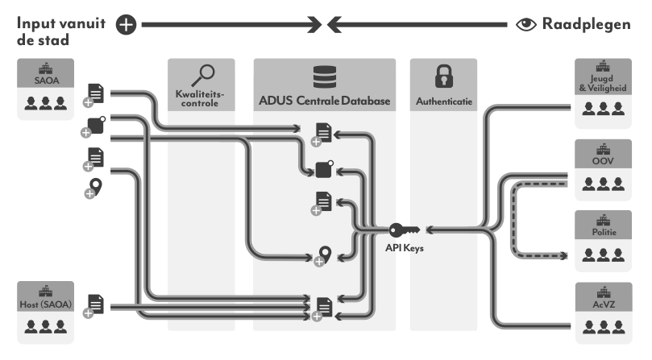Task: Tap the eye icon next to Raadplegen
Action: click(x=525, y=25)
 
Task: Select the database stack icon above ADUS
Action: click(x=324, y=77)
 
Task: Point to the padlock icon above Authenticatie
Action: click(x=442, y=77)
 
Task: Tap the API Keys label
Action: click(x=404, y=248)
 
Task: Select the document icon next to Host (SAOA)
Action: click(x=96, y=304)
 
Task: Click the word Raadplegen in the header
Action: click(x=587, y=25)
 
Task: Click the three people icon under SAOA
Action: click(x=45, y=104)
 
